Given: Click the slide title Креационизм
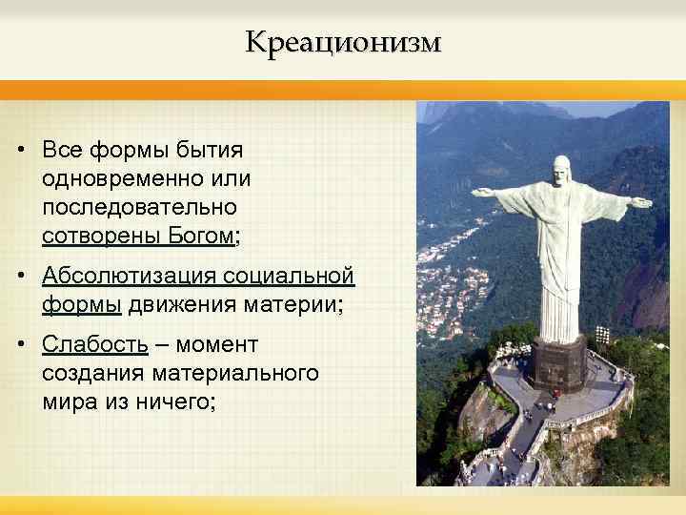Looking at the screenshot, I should [343, 42].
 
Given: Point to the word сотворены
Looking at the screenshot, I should [91, 235].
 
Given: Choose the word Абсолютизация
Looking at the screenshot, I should [130, 277].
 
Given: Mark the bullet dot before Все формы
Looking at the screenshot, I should [20, 151].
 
